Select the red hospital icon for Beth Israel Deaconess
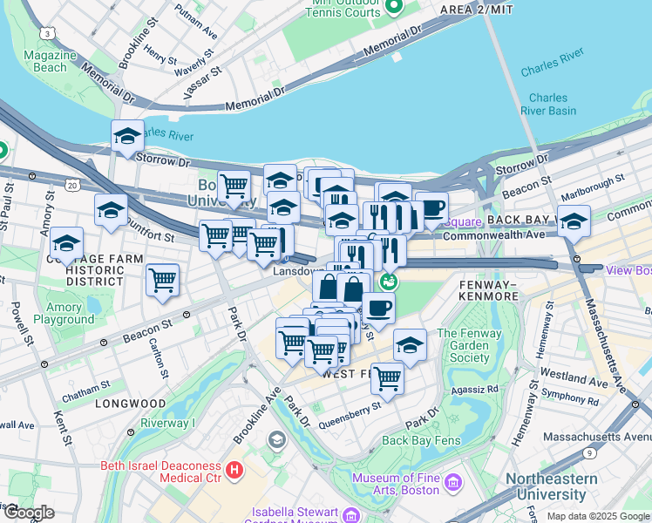pos(234,471)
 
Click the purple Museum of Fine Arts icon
pos(452,482)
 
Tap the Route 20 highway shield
pos(71,186)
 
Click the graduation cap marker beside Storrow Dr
pos(127,137)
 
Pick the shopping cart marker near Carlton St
pos(162,281)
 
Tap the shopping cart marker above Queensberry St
pos(387,379)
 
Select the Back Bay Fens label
pos(421,440)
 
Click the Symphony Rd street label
pos(569,402)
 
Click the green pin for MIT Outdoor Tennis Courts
pos(393,7)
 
